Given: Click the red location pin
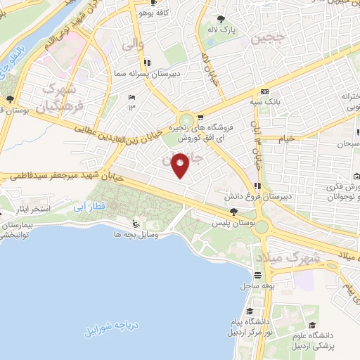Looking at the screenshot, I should click(x=181, y=165).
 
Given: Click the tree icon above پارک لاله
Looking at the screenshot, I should click(x=222, y=19).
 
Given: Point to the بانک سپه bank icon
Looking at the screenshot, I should click(x=264, y=92).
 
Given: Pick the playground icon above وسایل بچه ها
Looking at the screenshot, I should click(x=135, y=224).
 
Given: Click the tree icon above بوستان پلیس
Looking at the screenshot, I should click(x=233, y=212).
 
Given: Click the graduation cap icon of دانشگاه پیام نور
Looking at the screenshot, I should click(x=249, y=310).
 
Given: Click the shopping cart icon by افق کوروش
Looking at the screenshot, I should click(x=200, y=117).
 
